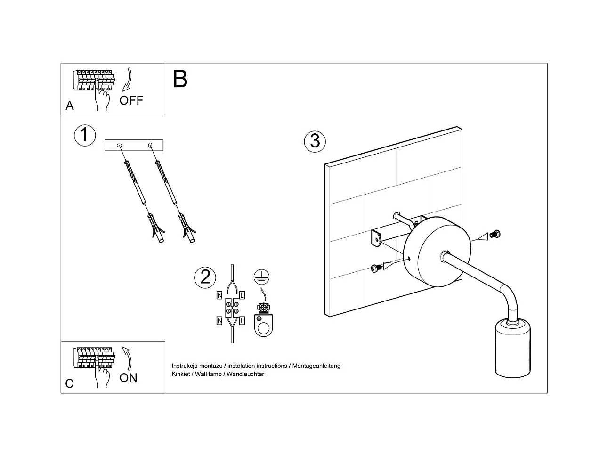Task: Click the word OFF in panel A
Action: click(x=131, y=100)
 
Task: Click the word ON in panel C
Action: click(x=128, y=378)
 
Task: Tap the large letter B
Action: click(x=180, y=79)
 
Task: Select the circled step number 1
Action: click(x=84, y=135)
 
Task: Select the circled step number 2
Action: click(x=205, y=277)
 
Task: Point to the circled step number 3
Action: click(x=315, y=141)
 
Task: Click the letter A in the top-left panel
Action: click(x=70, y=106)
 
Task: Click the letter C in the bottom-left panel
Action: click(x=69, y=383)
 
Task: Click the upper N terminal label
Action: click(x=219, y=296)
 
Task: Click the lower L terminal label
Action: click(x=242, y=321)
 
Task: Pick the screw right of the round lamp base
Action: click(x=494, y=234)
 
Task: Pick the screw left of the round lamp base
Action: click(x=375, y=268)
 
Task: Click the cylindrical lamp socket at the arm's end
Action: click(x=513, y=348)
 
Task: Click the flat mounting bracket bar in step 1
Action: click(x=134, y=145)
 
